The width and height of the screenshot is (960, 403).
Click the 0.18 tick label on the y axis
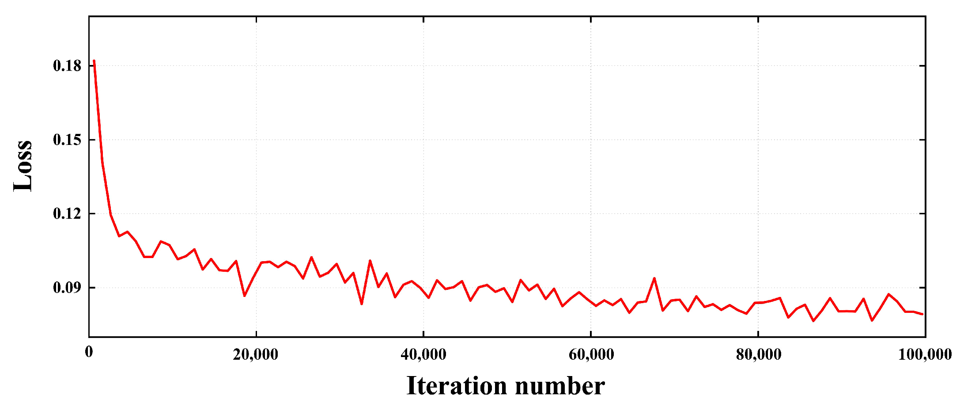tap(67, 66)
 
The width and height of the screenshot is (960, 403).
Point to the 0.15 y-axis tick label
tap(67, 140)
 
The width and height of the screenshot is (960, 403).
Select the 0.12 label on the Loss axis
tap(67, 214)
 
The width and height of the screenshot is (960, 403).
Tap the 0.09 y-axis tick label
tap(67, 288)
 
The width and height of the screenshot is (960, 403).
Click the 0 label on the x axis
tap(89, 352)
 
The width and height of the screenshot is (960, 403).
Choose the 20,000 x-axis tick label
tap(256, 354)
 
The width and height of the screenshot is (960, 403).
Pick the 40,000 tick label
tap(423, 354)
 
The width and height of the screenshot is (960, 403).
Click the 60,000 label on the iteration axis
tap(591, 354)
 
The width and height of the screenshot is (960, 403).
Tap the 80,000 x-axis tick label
tap(758, 354)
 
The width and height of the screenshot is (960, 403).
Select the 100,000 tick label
tap(925, 354)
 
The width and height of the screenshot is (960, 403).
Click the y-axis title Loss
tap(23, 166)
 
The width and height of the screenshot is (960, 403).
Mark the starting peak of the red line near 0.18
tap(94, 61)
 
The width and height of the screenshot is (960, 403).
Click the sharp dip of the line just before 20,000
tap(245, 296)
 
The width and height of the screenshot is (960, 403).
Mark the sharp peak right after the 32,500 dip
tap(370, 261)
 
